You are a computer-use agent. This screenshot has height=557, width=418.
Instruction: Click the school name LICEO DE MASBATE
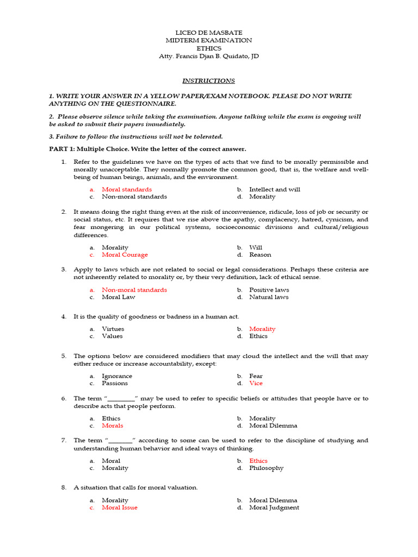point(208,33)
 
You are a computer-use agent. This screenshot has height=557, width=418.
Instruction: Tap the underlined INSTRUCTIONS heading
point(208,81)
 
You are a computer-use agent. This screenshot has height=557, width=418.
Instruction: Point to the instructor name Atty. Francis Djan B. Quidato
point(208,56)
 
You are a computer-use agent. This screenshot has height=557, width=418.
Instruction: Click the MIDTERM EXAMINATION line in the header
point(208,41)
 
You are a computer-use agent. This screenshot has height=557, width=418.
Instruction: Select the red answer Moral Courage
point(125,255)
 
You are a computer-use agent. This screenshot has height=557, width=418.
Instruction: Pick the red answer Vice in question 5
point(256,383)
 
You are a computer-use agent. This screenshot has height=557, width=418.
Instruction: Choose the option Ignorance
point(117,376)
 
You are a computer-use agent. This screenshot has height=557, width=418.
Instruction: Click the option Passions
point(115,383)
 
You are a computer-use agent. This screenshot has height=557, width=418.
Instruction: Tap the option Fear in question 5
point(256,376)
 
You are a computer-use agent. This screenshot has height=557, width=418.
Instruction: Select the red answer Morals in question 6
point(113,425)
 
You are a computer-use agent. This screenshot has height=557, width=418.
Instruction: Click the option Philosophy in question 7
point(266,468)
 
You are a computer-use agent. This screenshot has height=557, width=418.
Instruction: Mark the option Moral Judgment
point(274,508)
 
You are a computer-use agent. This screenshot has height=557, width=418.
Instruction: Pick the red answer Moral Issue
point(120,508)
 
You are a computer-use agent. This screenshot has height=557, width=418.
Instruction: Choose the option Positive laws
point(269,290)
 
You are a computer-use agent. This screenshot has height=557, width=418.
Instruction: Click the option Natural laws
point(269,297)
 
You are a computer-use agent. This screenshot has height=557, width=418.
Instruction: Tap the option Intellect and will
point(274,189)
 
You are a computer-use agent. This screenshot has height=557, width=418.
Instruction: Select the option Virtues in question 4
point(113,329)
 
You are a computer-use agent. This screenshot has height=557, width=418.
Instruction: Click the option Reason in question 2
point(260,255)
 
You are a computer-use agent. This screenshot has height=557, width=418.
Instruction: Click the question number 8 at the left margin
point(64,487)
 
